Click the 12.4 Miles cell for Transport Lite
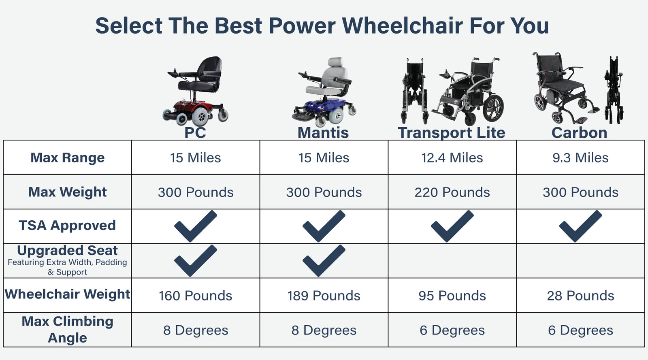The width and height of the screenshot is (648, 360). tap(452, 158)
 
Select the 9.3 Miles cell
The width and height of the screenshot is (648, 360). tap(580, 158)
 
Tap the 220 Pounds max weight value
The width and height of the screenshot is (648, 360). tap(452, 192)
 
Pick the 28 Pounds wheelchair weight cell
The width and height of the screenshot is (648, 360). tap(580, 296)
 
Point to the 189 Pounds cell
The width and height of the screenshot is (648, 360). tap(324, 296)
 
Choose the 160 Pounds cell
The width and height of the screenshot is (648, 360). tap(196, 296)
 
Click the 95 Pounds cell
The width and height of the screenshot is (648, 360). tap(452, 296)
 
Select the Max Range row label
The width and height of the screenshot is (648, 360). tap(67, 158)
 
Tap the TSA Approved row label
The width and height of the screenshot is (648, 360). tap(67, 225)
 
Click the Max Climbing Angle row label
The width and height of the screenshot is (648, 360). tap(67, 329)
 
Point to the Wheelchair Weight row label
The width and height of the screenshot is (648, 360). tap(67, 294)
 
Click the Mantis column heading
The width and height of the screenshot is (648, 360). tap(323, 133)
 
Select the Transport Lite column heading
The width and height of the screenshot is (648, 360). tap(452, 133)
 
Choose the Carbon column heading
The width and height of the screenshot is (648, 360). tap(580, 133)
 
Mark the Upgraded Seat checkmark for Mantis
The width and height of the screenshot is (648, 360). tap(324, 260)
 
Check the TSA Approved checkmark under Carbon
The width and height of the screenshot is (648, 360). tap(581, 226)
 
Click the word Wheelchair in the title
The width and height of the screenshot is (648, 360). tap(403, 26)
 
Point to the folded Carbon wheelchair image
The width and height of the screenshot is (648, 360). tap(614, 90)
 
